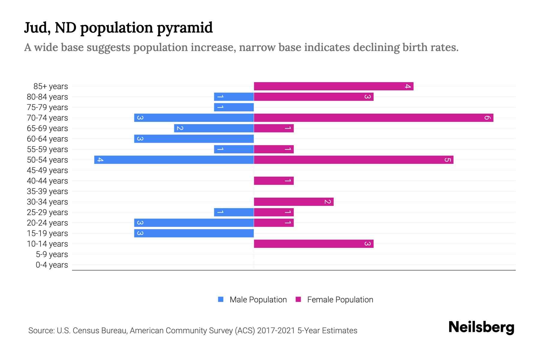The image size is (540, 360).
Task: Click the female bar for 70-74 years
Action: tap(373, 118)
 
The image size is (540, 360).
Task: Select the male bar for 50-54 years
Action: tap(174, 160)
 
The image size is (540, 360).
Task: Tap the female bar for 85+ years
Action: tap(334, 86)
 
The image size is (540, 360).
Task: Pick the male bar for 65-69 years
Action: tap(214, 128)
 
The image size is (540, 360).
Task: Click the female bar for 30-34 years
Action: tap(294, 202)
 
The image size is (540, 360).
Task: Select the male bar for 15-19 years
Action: tap(194, 233)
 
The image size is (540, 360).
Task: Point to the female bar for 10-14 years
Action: tap(313, 244)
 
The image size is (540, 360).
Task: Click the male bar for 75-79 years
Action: tap(234, 107)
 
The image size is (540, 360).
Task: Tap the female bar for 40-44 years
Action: tap(274, 181)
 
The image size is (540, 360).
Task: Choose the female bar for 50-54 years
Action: tap(353, 160)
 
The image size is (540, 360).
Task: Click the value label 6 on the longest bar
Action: tap(487, 118)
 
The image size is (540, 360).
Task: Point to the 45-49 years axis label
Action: tap(47, 170)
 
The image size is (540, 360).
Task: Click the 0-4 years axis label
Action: tap(52, 265)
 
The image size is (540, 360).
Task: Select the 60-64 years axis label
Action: tap(47, 139)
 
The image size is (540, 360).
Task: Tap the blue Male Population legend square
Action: tap(221, 299)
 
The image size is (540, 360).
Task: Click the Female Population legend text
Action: tap(340, 300)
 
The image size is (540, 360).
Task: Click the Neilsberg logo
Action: tap(481, 327)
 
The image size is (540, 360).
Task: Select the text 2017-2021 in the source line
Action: tap(276, 331)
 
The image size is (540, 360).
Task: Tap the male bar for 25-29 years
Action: tap(234, 212)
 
